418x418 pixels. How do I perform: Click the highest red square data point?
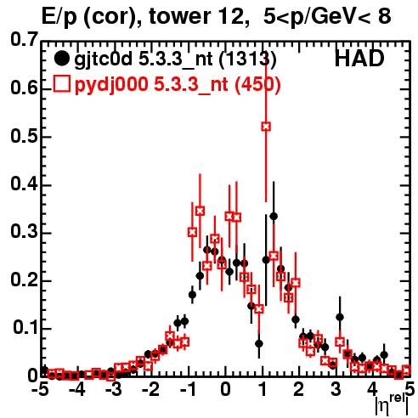click(x=266, y=127)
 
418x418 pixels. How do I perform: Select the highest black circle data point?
click(x=274, y=217)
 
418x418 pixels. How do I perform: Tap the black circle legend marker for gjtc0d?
click(x=61, y=59)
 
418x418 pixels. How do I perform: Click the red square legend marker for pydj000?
click(x=61, y=83)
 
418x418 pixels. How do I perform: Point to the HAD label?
click(x=359, y=59)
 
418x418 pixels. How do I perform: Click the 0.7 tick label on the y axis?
click(x=24, y=39)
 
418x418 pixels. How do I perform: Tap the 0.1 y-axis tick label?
click(x=25, y=327)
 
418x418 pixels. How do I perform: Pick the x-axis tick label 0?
click(x=225, y=390)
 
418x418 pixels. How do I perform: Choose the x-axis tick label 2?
click(x=298, y=390)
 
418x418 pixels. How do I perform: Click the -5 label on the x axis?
click(x=40, y=390)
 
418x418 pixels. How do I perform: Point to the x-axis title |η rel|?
click(x=392, y=404)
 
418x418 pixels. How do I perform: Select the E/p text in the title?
click(x=59, y=17)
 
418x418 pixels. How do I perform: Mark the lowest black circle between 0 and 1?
click(x=259, y=344)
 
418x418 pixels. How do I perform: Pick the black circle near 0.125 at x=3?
click(x=340, y=317)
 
